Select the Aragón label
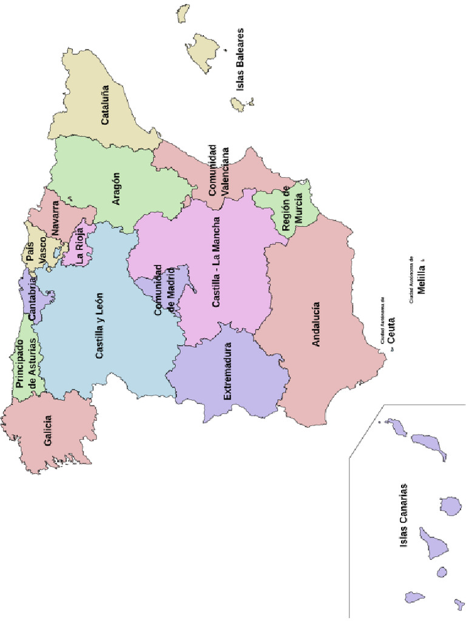tap(116, 189)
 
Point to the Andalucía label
tap(316, 324)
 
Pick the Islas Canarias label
tap(404, 516)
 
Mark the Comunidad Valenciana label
tap(218, 170)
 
